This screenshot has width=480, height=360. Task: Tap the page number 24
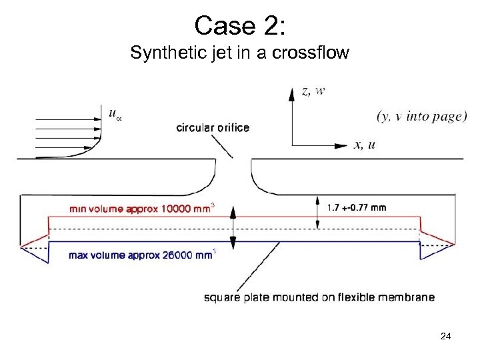point(445,337)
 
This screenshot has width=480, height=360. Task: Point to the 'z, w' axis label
point(314,91)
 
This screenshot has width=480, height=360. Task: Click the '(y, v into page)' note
point(422,116)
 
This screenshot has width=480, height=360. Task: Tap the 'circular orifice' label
point(213,127)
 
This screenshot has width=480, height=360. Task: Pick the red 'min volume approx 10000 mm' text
point(139,208)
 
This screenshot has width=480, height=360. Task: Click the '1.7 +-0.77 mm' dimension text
point(357,207)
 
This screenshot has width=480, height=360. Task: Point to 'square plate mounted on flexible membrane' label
point(319,297)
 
